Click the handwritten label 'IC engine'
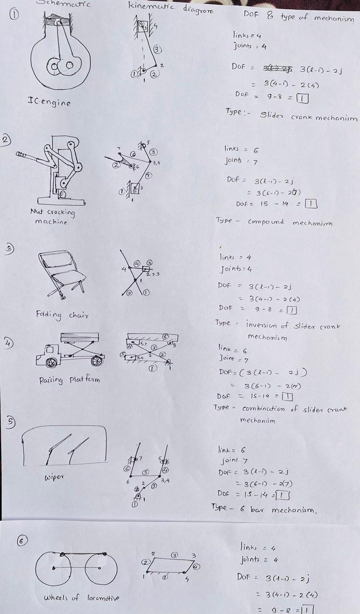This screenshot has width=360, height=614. tap(49, 102)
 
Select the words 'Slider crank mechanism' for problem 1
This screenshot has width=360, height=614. tap(308, 116)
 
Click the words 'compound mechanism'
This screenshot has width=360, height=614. tap(290, 222)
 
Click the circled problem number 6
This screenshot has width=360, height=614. tap(22, 541)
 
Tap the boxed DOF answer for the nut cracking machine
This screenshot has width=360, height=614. tap(312, 203)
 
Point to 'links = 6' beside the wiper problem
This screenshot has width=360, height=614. tap(232, 450)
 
